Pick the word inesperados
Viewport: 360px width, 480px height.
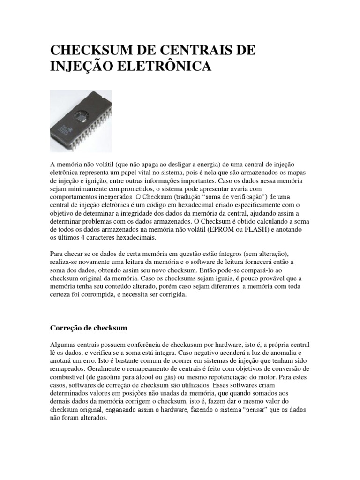[114, 196]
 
